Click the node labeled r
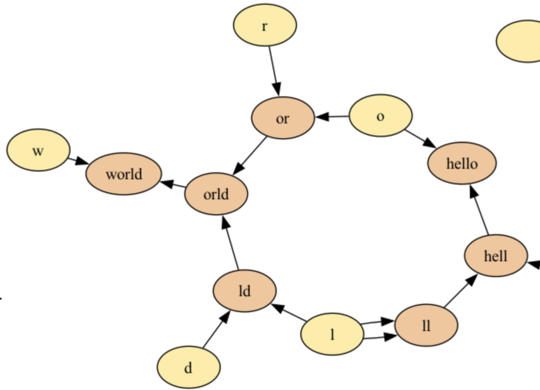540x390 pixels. (x=265, y=25)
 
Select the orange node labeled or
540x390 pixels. (x=283, y=118)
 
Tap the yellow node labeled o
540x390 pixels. (x=380, y=116)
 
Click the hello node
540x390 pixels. (x=462, y=163)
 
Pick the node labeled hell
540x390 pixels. (x=496, y=256)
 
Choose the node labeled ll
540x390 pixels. (x=426, y=325)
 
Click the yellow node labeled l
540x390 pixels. (x=332, y=334)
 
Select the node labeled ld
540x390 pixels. (x=244, y=291)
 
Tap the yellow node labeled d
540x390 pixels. (x=189, y=367)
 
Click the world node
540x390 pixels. (x=124, y=174)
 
